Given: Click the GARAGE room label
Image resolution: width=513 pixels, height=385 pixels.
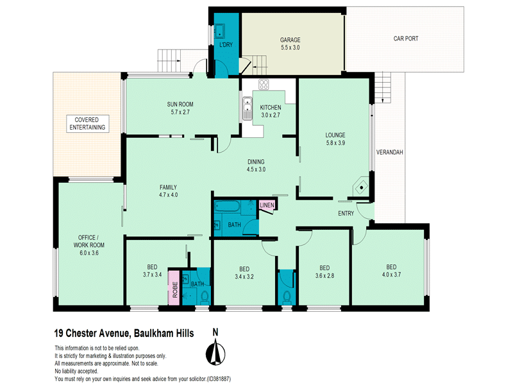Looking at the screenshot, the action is pos(290,40).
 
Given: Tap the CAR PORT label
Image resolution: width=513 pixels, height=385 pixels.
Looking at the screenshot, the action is pos(406,38).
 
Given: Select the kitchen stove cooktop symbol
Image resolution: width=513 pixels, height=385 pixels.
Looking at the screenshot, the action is pos(264,85).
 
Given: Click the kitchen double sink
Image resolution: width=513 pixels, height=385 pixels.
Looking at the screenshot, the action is pos(248,108).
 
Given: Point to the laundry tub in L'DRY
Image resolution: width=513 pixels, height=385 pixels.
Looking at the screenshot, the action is pos(219,31).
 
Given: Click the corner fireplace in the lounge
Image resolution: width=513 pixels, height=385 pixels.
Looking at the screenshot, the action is pos(360,186).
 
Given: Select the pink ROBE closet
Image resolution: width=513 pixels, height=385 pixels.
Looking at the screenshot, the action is pos(174,287).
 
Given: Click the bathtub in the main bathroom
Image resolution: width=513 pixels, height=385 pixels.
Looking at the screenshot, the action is pos(228,206).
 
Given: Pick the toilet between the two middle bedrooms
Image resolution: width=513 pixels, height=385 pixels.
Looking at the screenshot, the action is pos(287,296).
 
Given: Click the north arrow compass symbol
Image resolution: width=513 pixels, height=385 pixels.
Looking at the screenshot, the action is pos(215,352).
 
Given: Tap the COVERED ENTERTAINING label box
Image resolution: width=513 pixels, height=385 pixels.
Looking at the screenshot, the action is pos(87,124).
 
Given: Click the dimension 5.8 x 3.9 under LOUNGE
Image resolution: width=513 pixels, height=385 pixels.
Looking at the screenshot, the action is pos(335,142).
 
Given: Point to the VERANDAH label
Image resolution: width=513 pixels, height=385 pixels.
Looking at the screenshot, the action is pos(389,152).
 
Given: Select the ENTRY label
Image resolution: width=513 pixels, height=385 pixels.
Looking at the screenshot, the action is pos(346,214).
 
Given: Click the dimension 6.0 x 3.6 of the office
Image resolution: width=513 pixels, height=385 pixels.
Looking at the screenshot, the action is pos(89,253).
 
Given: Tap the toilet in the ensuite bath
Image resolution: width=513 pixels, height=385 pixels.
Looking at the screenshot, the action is pos(205,297).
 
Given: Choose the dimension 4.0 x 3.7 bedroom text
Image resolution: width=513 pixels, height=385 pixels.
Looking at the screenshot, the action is pos(391,275).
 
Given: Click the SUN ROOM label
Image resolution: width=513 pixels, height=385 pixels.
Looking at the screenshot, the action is pos(180,105).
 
